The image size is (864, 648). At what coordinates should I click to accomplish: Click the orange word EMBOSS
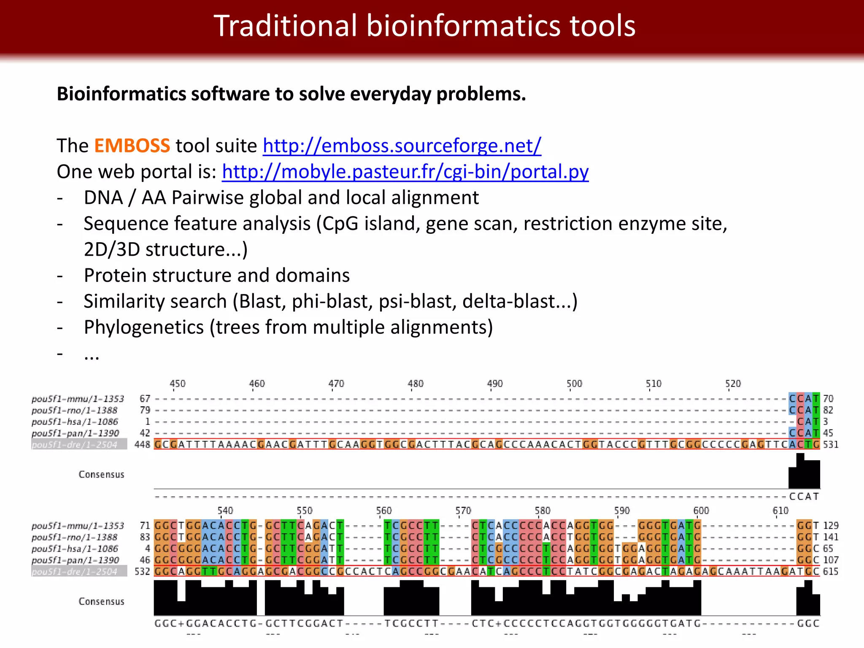click(132, 146)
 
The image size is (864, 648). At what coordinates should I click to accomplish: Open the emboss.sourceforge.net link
click(402, 146)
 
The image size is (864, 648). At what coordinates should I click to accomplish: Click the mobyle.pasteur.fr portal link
click(405, 172)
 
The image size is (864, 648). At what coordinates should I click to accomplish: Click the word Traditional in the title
click(286, 26)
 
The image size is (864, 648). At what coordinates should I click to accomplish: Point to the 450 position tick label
click(178, 383)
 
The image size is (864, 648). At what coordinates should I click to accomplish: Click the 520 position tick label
click(733, 383)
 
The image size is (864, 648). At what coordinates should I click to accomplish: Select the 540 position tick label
click(225, 510)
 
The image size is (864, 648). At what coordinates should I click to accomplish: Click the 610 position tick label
click(780, 510)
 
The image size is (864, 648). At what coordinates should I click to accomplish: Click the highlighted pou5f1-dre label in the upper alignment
click(79, 444)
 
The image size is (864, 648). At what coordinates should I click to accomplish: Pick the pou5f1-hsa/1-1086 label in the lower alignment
click(75, 548)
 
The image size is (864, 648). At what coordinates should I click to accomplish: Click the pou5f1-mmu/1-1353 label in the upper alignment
click(78, 399)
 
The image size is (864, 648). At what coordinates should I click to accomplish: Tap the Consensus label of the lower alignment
click(101, 601)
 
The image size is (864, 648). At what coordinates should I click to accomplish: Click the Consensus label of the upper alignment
click(101, 474)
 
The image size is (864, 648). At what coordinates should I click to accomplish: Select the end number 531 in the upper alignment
click(830, 444)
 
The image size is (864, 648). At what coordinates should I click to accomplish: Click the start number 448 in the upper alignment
click(142, 444)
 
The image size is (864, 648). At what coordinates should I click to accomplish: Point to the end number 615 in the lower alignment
click(830, 571)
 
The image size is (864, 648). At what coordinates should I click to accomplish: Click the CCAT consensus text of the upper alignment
click(804, 497)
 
